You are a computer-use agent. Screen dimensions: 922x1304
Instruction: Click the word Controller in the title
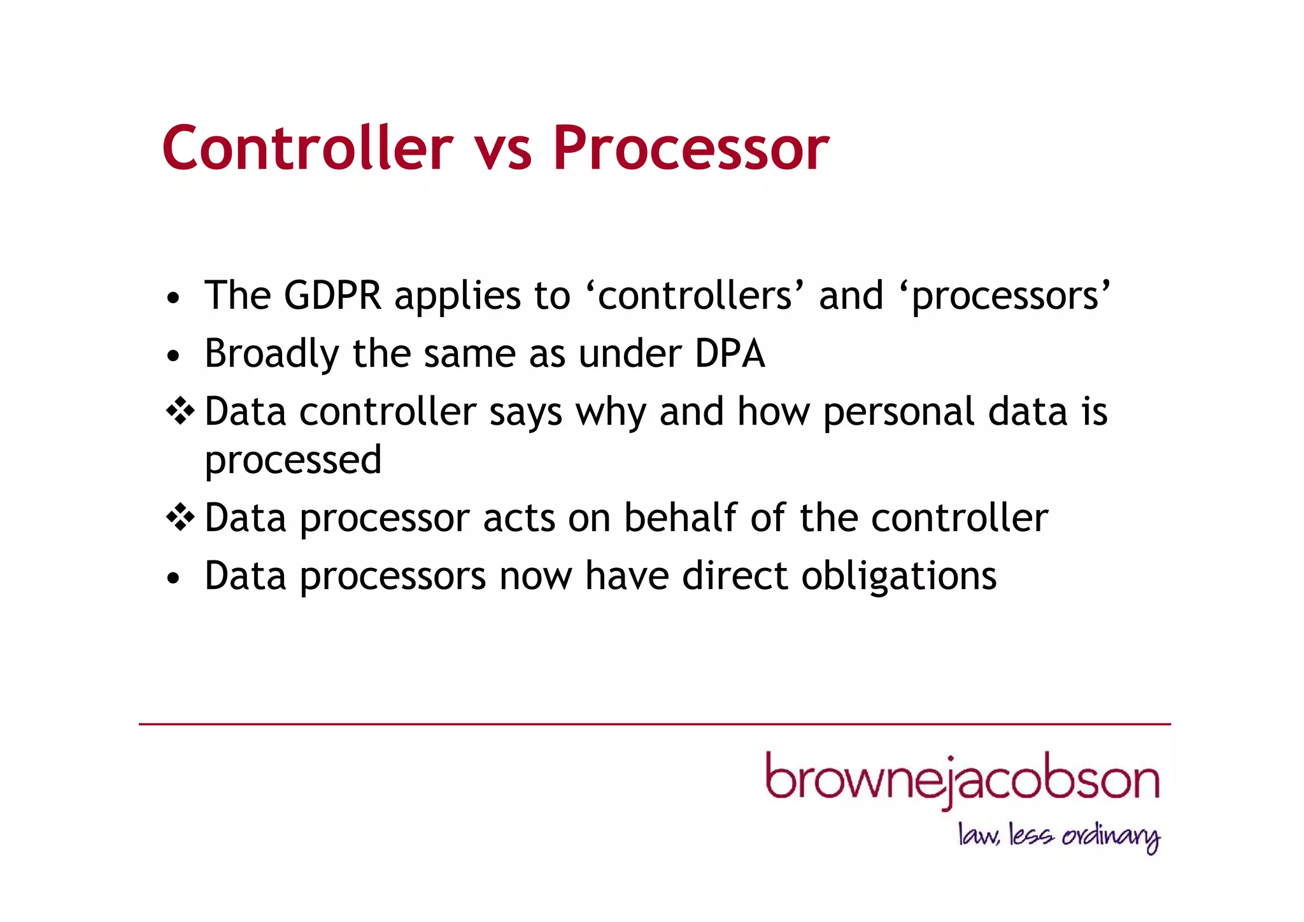[x=307, y=148]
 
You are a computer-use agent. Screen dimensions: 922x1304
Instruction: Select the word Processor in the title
[x=690, y=148]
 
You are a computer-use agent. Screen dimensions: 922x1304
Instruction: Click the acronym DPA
[x=730, y=353]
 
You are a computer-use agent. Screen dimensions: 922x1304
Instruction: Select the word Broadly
[x=271, y=355]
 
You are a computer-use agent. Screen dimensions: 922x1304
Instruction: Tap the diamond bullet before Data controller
[x=180, y=411]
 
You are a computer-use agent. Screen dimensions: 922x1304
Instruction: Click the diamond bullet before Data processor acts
[x=180, y=517]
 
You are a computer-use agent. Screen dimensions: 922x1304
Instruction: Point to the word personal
[x=898, y=413]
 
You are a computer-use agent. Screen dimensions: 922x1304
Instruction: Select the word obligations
[x=898, y=577]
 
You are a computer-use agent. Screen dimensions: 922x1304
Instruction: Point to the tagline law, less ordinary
[x=1059, y=836]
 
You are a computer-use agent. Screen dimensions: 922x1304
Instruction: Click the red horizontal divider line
[x=655, y=724]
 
